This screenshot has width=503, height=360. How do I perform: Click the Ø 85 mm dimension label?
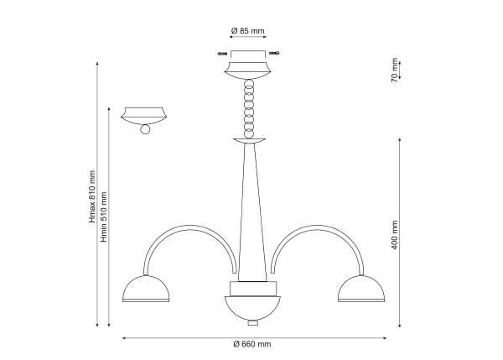coord(247,31)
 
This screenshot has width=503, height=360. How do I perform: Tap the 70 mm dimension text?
coord(395,70)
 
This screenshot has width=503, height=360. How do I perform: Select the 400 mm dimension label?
coord(395,235)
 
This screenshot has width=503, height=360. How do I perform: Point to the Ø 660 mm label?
coord(252,344)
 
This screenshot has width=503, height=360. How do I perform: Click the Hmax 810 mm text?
coord(92,196)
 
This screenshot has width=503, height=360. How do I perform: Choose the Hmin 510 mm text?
coord(104,217)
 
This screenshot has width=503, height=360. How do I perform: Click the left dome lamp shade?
coord(146,289)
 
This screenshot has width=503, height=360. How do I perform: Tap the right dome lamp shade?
coord(361,289)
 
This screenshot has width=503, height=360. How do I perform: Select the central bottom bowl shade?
coord(252,308)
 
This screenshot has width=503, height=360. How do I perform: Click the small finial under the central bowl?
coord(253,322)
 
